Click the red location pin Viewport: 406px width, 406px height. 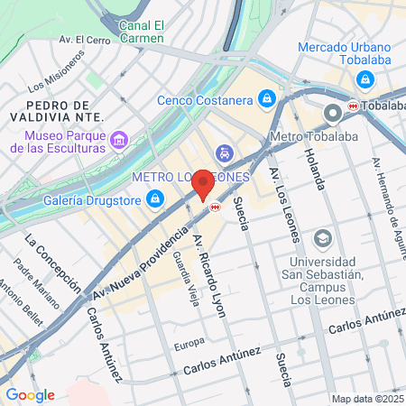[x=203, y=183]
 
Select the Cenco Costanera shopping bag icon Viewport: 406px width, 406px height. [x=268, y=98]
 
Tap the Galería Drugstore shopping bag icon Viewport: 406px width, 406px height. [x=156, y=198]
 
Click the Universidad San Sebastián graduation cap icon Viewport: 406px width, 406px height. [x=322, y=237]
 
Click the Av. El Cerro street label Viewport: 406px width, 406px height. [x=85, y=40]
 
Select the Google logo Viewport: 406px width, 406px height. [x=30, y=394]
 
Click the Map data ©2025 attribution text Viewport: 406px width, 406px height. [x=366, y=399]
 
